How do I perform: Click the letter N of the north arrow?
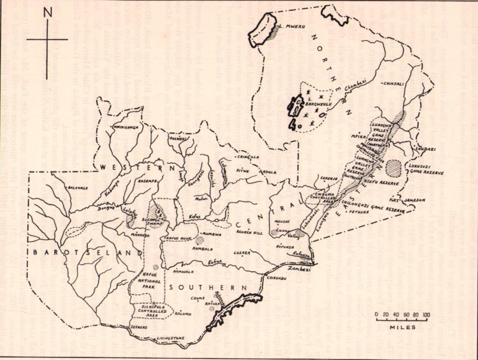[47, 12]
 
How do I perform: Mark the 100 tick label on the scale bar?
[426, 316]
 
